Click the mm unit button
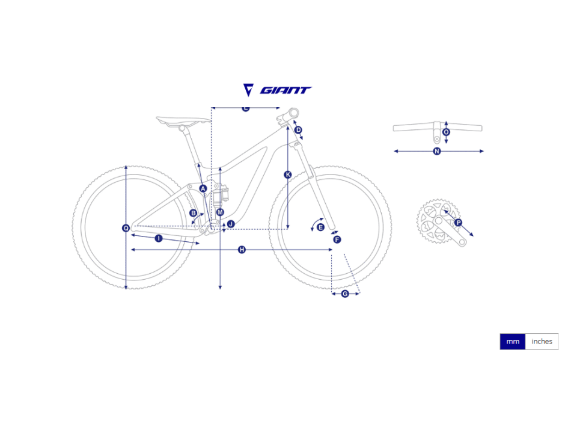(x=512, y=342)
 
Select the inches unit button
(x=542, y=342)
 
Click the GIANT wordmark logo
(x=285, y=90)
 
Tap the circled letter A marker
(x=203, y=188)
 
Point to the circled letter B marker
(x=194, y=213)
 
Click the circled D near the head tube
(x=298, y=130)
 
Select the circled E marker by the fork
(x=320, y=227)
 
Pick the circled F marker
(x=337, y=239)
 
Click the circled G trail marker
(x=345, y=294)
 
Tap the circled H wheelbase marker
(x=242, y=250)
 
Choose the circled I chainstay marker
(x=159, y=238)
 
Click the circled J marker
(x=231, y=224)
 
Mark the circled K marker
(x=288, y=175)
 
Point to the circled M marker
(x=220, y=212)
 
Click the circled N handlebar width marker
(x=437, y=151)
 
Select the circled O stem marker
(x=446, y=132)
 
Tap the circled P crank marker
(x=458, y=223)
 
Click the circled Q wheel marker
(x=126, y=228)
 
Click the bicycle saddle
(x=183, y=122)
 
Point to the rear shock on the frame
(x=221, y=194)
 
